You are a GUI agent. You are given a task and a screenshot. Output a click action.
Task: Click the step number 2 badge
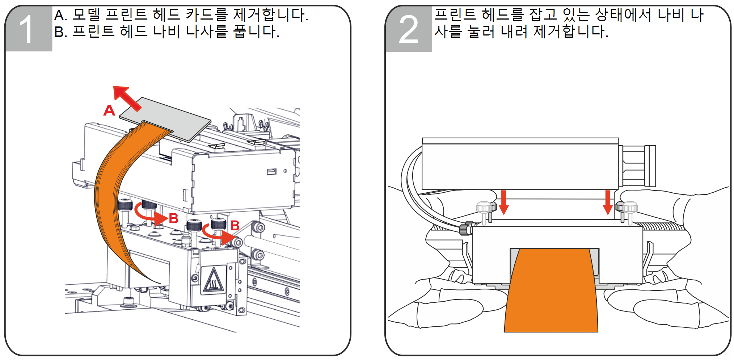409,29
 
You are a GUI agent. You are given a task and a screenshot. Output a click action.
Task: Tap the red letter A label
109,110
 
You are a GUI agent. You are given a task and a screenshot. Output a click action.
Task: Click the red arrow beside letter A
127,98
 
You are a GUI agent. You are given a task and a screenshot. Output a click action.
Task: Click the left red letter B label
174,218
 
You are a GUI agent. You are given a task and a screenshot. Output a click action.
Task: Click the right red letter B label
235,226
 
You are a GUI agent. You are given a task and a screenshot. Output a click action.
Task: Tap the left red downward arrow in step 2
503,202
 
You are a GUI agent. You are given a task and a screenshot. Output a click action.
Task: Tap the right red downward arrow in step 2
608,202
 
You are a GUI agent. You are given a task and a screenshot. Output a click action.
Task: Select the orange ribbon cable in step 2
551,290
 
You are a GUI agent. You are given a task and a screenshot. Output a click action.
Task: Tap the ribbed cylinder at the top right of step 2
637,166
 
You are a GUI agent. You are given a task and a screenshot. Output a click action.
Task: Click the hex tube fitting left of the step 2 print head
465,229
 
